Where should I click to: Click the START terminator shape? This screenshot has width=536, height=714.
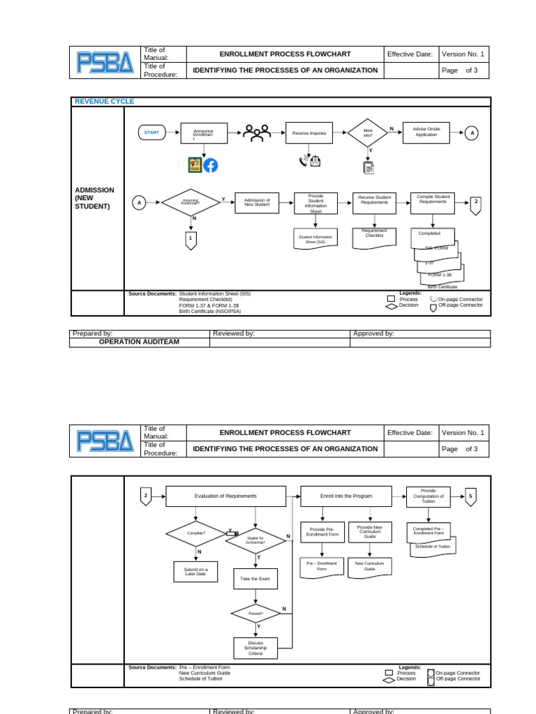coord(151,132)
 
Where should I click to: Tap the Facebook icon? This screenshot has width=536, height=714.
coord(211,165)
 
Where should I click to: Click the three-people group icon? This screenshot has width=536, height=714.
coord(257,133)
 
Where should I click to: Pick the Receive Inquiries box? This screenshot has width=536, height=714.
coord(308,132)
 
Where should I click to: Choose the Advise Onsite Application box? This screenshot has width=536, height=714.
coord(426,132)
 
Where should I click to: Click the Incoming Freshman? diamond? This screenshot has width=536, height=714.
coord(191,203)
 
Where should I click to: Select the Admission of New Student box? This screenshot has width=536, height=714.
coord(257,202)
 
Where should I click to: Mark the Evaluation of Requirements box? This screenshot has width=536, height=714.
coord(226,496)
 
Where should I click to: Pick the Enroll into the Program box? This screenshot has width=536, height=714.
coord(346,496)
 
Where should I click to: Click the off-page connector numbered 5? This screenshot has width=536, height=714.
coord(470,496)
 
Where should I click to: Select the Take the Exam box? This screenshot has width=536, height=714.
coord(255,579)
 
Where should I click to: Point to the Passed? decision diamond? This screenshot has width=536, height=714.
coord(255,614)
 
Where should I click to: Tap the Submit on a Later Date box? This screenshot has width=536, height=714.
coord(195,572)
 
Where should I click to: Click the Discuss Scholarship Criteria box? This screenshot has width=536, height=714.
coord(255,648)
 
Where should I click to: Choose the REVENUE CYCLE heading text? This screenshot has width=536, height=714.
coord(105,102)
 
